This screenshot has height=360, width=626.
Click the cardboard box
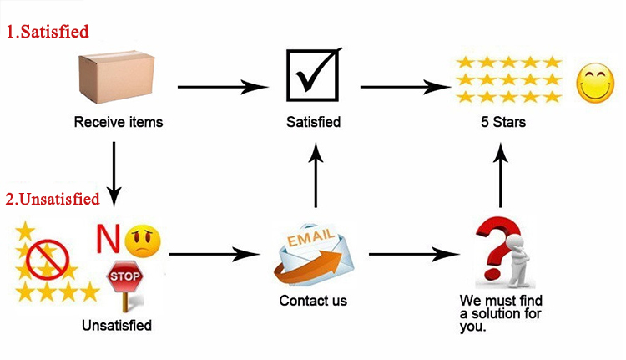[x=117, y=77]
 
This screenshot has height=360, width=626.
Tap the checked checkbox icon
[x=313, y=74]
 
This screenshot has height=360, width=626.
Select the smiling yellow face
[x=595, y=83]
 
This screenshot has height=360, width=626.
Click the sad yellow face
[x=143, y=241]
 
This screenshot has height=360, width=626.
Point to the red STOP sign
[x=124, y=276]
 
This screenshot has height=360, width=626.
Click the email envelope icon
[x=314, y=255]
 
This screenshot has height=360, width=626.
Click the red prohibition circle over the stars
[x=48, y=260]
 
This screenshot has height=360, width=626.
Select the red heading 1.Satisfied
[x=48, y=32]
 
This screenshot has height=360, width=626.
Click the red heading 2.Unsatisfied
[x=53, y=199]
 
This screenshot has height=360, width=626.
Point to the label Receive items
[x=119, y=122]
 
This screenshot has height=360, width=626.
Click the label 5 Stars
[x=503, y=122]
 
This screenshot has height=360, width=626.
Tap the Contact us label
[x=313, y=301]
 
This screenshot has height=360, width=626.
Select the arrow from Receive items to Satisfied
[x=223, y=87]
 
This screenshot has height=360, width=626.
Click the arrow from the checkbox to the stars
[x=406, y=87]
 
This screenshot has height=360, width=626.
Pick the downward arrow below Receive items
[x=114, y=175]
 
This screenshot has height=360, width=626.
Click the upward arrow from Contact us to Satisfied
[x=316, y=175]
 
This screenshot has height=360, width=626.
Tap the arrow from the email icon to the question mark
[x=414, y=254]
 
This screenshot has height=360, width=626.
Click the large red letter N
[x=109, y=238]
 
